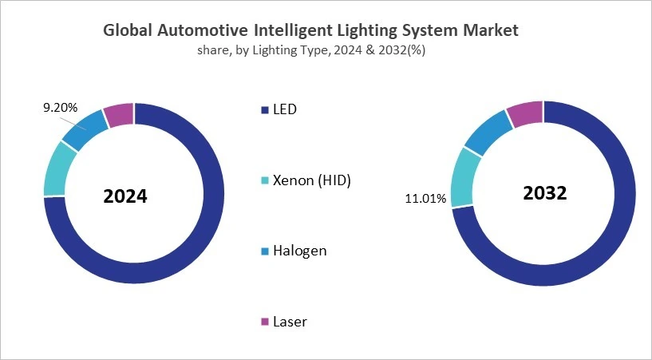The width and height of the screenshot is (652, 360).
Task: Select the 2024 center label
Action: [x=125, y=196]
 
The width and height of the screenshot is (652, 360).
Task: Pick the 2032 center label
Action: [x=544, y=193]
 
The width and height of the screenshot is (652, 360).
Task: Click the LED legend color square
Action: [x=265, y=109]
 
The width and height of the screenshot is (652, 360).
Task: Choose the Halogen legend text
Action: [x=300, y=251]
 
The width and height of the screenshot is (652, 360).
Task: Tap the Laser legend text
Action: [x=290, y=322]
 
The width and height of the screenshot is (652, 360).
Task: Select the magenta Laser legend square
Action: [x=265, y=322]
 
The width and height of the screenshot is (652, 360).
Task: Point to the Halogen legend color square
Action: [x=265, y=251]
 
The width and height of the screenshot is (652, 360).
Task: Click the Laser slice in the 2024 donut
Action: [x=119, y=115]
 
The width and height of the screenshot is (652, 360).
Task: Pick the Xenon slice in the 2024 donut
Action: [x=60, y=168]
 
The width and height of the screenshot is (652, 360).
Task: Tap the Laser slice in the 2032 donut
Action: [x=526, y=114]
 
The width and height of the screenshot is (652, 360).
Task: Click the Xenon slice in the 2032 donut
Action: [x=465, y=176]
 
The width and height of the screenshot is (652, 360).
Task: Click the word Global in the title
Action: [x=129, y=30]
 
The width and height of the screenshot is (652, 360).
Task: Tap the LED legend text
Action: [x=285, y=109]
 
